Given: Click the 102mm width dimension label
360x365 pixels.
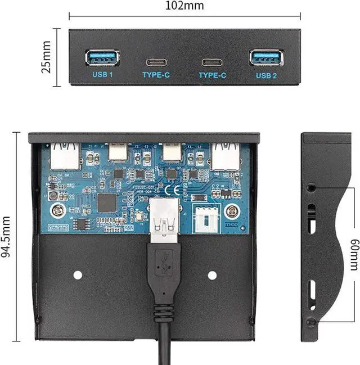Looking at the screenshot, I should point(184,6).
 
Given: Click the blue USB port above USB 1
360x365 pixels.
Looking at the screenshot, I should point(102,57).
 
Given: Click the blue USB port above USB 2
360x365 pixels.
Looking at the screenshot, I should point(266,57).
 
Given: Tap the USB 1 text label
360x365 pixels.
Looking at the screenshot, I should point(102,74).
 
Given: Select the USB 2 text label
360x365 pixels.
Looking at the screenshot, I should point(266,75).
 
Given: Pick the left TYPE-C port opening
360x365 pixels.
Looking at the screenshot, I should point(157,61).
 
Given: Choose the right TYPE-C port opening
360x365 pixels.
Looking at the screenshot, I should point(212,61).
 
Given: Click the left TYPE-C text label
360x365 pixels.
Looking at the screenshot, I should point(157,75).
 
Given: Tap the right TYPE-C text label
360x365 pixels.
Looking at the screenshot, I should point(212,75).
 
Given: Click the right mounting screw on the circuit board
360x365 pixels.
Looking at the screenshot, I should point(229,211).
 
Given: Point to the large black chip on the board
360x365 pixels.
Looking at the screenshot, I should point(106,203).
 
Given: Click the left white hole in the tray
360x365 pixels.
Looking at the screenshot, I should point(78,275).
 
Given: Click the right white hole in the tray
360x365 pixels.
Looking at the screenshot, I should point(212,275).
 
